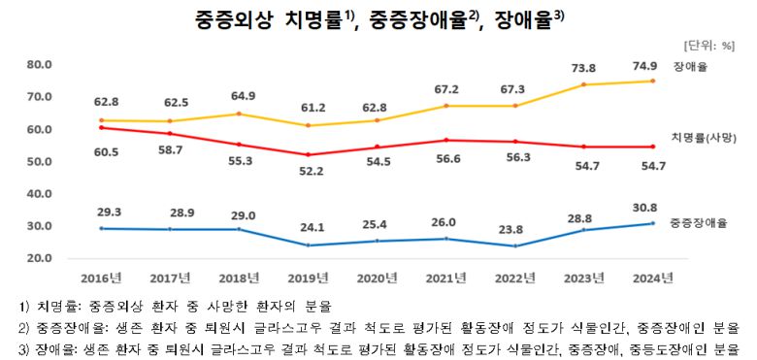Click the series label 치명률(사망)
point(704,137)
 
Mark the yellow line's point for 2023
point(582,85)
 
